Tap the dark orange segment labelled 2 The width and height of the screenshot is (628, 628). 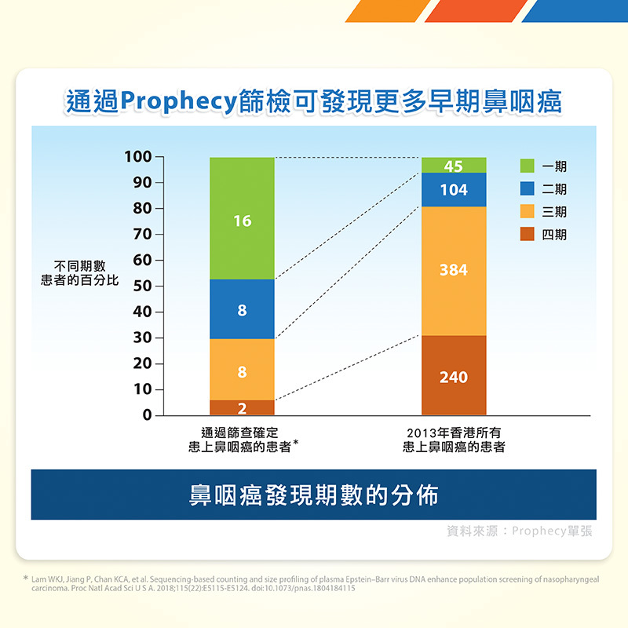[x=242, y=407]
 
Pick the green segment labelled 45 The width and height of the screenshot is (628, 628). [x=454, y=165]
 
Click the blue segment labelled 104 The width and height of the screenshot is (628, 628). [x=454, y=189]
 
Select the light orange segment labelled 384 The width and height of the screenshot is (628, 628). [x=454, y=270]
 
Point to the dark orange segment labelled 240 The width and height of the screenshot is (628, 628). [x=454, y=376]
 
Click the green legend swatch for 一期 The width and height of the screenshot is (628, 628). [x=527, y=166]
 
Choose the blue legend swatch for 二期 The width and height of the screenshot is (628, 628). [x=527, y=189]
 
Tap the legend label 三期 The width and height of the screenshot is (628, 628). [x=554, y=212]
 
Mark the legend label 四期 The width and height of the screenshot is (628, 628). [x=554, y=235]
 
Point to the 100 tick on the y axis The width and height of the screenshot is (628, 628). [x=138, y=157]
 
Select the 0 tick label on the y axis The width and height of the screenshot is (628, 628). [x=148, y=415]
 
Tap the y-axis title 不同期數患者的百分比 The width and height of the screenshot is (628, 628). [x=79, y=273]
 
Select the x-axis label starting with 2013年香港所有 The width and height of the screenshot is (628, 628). [x=454, y=440]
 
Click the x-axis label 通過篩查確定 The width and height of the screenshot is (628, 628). [x=240, y=433]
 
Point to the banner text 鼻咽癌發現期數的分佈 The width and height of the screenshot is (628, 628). [x=313, y=495]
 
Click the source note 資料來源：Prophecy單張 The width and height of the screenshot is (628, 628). [x=519, y=531]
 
